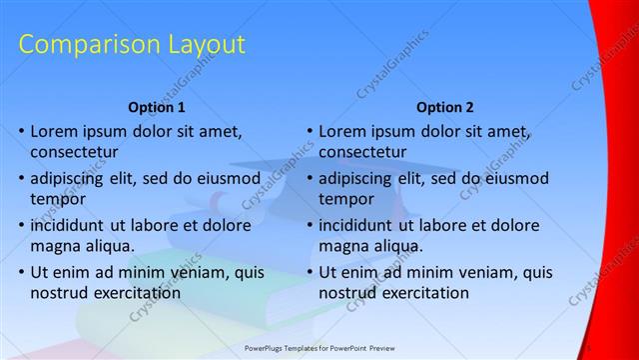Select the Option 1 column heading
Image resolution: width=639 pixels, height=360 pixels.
point(158,107)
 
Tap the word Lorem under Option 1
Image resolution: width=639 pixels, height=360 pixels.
point(56,130)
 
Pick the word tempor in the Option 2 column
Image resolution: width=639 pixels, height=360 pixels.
point(346,199)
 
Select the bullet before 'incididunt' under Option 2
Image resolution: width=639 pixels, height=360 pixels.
point(310,225)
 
